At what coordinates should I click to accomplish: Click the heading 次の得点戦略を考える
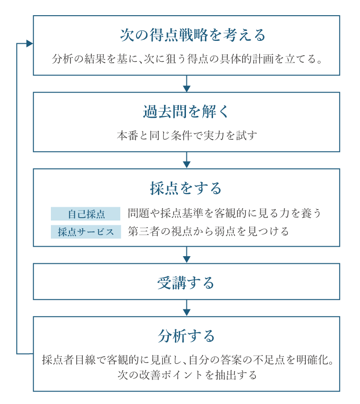(x=193, y=35)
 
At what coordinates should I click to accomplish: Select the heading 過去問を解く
(x=186, y=112)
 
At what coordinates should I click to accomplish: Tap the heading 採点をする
(x=186, y=188)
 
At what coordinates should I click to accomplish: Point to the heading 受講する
(x=186, y=283)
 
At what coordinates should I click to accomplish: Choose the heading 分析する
(x=186, y=336)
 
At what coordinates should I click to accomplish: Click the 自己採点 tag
(x=86, y=214)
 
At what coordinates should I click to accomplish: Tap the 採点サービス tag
(x=86, y=232)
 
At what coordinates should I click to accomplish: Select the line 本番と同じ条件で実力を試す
(x=187, y=135)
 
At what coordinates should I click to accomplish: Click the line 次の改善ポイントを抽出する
(x=187, y=375)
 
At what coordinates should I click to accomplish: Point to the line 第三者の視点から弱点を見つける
(x=208, y=231)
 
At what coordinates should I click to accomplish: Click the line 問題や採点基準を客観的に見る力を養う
(x=224, y=213)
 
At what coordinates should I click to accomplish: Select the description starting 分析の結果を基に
(x=187, y=59)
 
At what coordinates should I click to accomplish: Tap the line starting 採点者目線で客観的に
(x=187, y=360)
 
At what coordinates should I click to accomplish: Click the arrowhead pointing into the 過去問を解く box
(x=187, y=88)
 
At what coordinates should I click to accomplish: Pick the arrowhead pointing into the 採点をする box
(x=187, y=165)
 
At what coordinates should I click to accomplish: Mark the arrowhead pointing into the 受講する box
(x=187, y=260)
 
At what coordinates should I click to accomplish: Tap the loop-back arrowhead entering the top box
(x=29, y=44)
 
